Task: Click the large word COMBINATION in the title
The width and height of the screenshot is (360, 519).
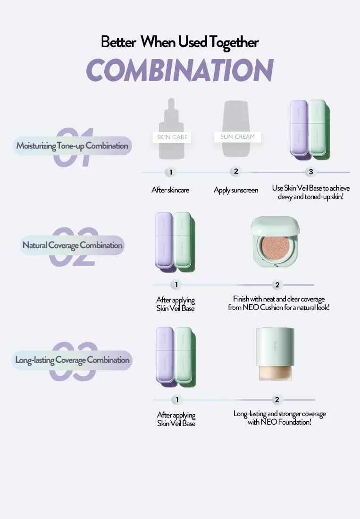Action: point(180,70)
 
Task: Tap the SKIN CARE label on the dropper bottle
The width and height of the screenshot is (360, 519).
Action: point(172,137)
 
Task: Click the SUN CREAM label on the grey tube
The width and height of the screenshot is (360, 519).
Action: point(238,137)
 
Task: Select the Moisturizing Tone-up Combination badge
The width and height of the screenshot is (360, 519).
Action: point(72,146)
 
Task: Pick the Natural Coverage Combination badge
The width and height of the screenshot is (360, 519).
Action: point(72,245)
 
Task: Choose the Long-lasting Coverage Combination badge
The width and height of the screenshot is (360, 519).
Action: point(72,360)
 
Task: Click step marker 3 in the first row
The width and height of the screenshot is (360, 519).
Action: point(311,172)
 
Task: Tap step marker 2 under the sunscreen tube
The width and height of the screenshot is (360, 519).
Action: point(236,171)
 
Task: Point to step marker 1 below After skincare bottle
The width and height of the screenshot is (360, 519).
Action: point(171,172)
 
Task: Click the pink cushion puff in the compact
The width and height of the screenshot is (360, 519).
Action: point(275,246)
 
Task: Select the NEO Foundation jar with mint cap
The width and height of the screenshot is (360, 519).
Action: point(275,354)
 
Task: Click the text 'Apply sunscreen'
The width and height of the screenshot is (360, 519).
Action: point(236,190)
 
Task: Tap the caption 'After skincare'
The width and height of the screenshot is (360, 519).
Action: point(170,190)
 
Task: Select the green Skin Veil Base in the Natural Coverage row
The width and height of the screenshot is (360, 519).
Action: point(182,240)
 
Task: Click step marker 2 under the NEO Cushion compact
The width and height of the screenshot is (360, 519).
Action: point(277,285)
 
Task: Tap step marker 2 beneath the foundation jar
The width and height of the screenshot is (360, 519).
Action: point(277,400)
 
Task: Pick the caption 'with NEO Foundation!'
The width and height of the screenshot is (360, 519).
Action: point(280,422)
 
